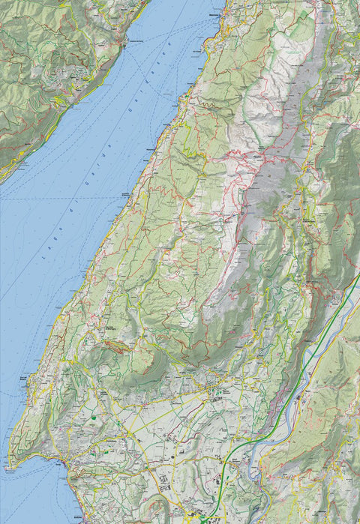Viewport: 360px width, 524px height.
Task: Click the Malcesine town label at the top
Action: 214,13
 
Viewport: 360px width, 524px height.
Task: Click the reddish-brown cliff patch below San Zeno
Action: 116,346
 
